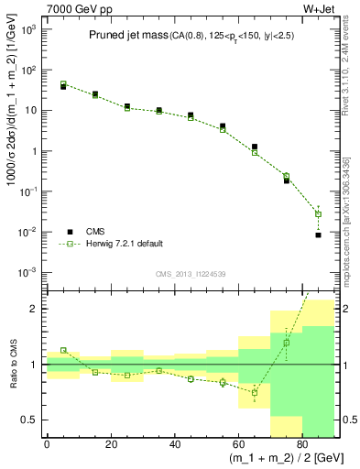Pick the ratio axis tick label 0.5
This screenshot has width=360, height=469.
point(31,420)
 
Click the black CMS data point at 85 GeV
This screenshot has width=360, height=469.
point(319,235)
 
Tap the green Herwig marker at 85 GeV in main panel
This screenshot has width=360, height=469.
point(319,214)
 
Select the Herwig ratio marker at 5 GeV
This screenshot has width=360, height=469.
point(63,350)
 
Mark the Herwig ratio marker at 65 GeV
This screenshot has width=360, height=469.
point(255,392)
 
